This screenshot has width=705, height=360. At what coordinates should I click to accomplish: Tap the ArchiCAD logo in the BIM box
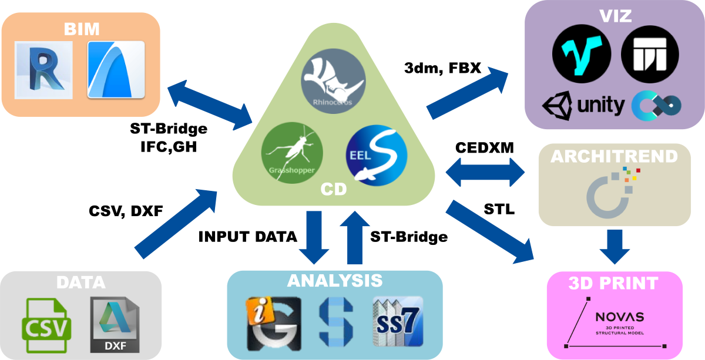(x=116, y=69)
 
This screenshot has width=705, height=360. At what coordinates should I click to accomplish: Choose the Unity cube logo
(x=558, y=106)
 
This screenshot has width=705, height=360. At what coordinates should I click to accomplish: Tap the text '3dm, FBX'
(x=443, y=68)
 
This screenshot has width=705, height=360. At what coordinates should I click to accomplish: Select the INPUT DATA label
(x=247, y=237)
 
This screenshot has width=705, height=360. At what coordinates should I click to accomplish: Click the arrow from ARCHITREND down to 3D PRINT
(x=615, y=247)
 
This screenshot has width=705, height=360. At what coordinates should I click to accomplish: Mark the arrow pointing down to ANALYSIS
(x=318, y=237)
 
